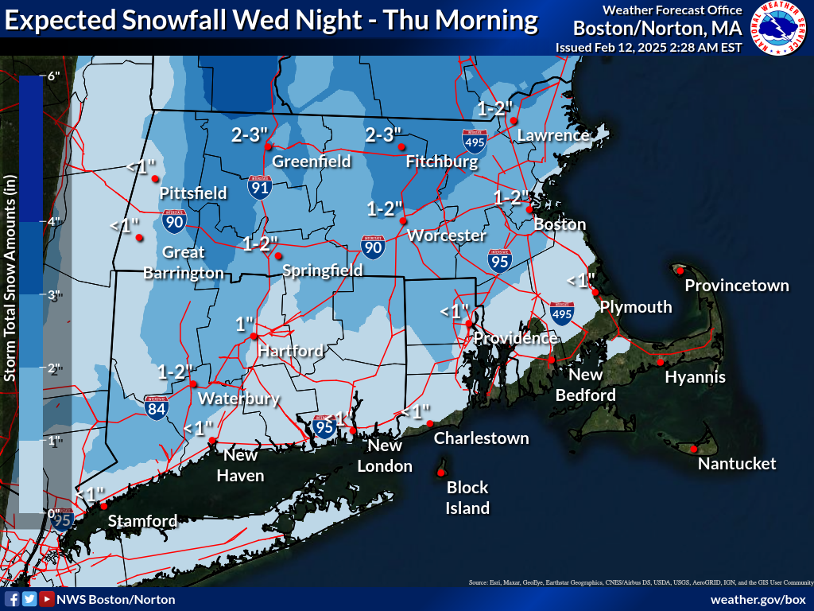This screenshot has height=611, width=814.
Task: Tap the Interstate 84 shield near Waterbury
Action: (x=157, y=407)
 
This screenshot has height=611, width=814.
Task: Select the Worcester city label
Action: (x=446, y=235)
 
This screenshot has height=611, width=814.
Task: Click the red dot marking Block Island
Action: (x=440, y=473)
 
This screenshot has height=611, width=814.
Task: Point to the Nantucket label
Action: (x=736, y=464)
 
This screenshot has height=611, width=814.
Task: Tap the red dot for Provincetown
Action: (x=680, y=270)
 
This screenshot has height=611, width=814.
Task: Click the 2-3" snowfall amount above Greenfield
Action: (x=248, y=134)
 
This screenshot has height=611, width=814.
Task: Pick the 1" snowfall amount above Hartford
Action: (x=244, y=324)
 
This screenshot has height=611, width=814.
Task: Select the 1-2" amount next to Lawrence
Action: (x=496, y=108)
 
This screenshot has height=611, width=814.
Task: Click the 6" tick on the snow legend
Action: (x=54, y=77)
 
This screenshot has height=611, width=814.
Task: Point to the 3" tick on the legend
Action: (x=54, y=295)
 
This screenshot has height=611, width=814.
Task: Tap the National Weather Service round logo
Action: (x=778, y=29)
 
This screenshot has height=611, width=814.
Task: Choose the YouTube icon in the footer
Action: (x=48, y=599)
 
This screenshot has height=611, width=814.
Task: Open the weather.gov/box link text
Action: (x=758, y=599)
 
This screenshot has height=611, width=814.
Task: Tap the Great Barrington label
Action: (x=183, y=263)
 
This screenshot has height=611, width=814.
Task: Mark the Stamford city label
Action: (x=142, y=521)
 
